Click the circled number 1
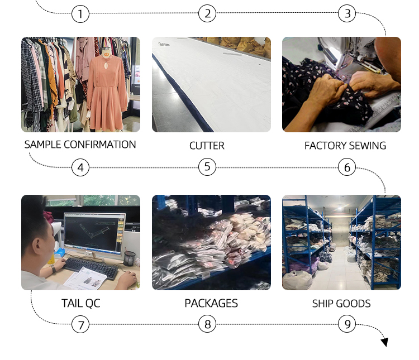pos(80,13)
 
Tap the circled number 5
pos(207,167)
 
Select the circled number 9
pos(347,324)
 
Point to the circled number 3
pos(347,13)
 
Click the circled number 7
pos(80,324)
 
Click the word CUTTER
pos(207,146)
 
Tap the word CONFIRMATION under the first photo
pos(99,145)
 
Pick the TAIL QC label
pos(80,304)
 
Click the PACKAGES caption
pos(211,304)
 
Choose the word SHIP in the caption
pos(322,304)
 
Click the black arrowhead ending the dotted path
pos(385,342)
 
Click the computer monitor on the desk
pos(94,233)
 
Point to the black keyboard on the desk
pos(92,268)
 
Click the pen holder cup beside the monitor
pos(130,258)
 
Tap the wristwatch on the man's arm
pos(53,268)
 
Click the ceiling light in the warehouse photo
pos(340,207)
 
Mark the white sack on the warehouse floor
pos(297,280)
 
